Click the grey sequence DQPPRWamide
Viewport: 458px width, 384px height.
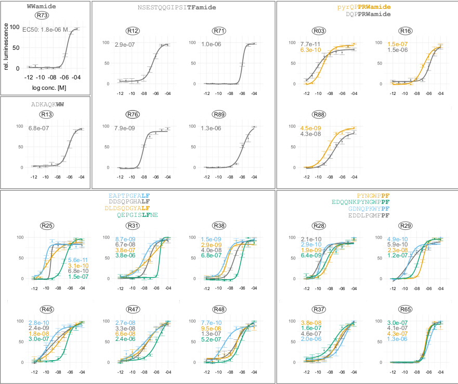[368, 15]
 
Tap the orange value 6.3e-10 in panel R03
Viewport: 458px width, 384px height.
[311, 50]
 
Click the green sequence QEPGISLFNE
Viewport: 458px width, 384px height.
[138, 215]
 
